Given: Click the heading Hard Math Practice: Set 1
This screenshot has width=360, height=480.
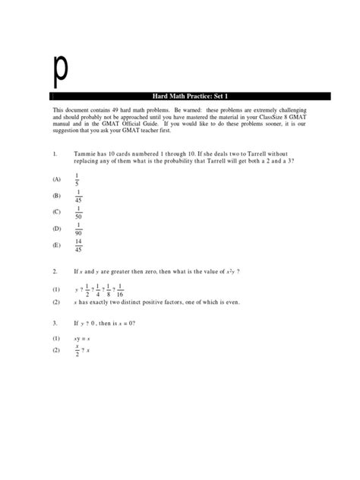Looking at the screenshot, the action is pos(191,96).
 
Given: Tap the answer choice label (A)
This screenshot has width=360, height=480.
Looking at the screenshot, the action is pos(56,179).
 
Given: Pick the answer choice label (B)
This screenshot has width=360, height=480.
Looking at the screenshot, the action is pos(56,196).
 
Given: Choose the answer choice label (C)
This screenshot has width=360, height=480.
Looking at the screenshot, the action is pos(56,212).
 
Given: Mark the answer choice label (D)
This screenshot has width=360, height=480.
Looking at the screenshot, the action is pos(56,228).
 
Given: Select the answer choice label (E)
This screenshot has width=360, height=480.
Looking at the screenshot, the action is pos(56,245).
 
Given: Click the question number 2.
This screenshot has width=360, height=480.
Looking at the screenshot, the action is pos(55,271).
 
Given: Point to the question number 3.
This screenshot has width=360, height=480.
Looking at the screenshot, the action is pos(55,322).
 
